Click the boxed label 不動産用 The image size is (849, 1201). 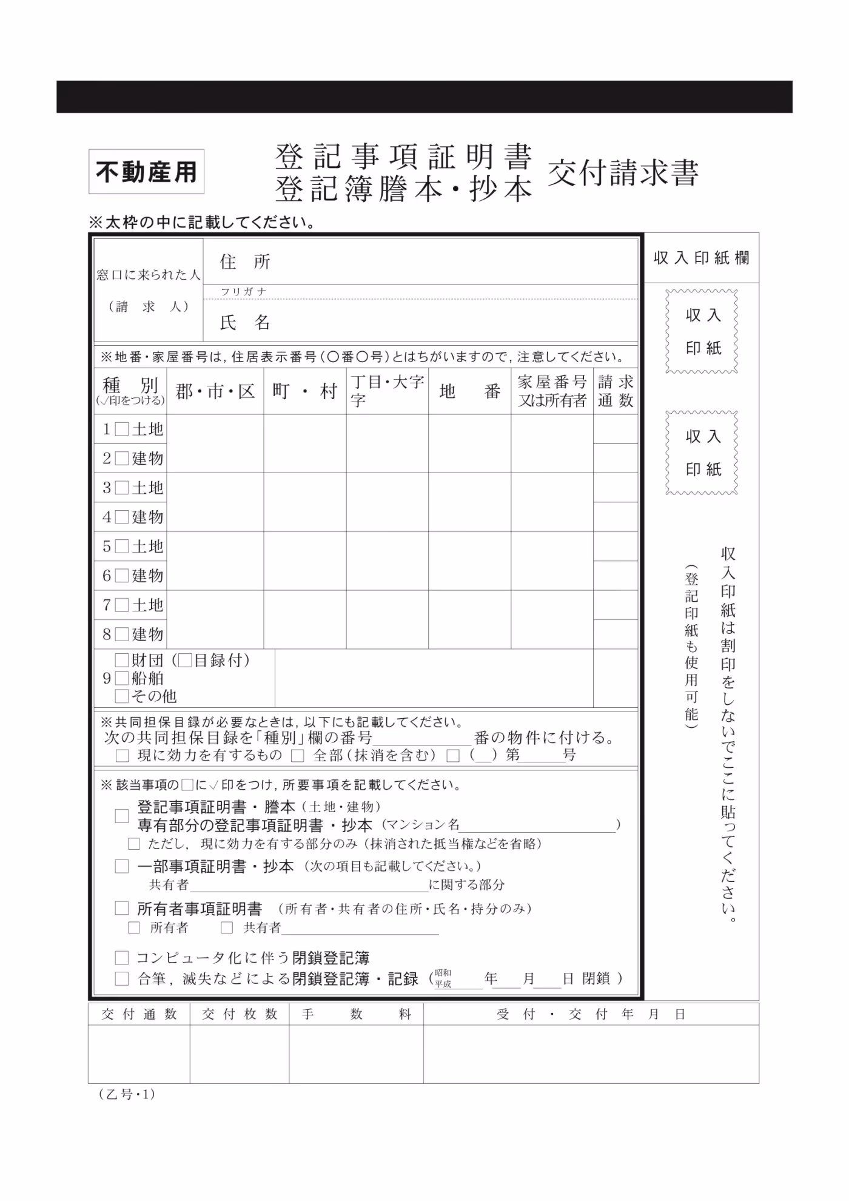coord(146,172)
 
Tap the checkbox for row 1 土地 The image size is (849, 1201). coord(122,429)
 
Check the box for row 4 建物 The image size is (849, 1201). coord(122,517)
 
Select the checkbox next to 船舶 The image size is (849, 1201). coord(122,678)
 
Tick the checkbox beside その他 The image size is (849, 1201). coord(122,696)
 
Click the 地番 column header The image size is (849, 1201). coord(469,392)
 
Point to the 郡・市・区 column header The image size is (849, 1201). coord(215,392)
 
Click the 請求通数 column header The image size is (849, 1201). coord(615,391)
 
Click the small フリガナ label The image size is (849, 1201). coord(244,292)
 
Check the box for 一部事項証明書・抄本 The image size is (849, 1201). coord(122,866)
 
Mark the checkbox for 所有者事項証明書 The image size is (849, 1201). coord(122,908)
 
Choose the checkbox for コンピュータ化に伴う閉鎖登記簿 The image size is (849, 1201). coord(122,958)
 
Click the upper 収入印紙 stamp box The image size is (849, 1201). coord(702,331)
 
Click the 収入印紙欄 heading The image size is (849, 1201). coord(701,258)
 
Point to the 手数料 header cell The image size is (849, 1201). coord(356,1014)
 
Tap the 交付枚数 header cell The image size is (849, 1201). coord(240,1014)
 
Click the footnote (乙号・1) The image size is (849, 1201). coord(127,1094)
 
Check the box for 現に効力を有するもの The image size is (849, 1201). coord(122,756)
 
